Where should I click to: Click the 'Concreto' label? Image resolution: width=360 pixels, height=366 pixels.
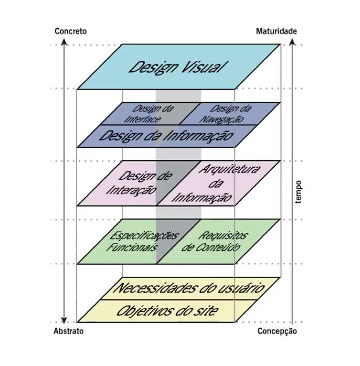click(71, 31)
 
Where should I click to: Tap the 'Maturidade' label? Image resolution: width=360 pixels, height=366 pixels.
click(276, 31)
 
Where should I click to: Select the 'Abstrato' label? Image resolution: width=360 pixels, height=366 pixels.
click(69, 331)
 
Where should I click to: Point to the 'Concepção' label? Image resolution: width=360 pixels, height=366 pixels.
click(277, 331)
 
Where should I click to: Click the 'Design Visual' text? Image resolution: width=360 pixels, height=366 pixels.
click(175, 67)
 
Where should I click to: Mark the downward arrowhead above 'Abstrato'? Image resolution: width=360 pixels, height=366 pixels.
click(63, 319)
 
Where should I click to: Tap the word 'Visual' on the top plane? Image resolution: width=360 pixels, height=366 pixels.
click(203, 68)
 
